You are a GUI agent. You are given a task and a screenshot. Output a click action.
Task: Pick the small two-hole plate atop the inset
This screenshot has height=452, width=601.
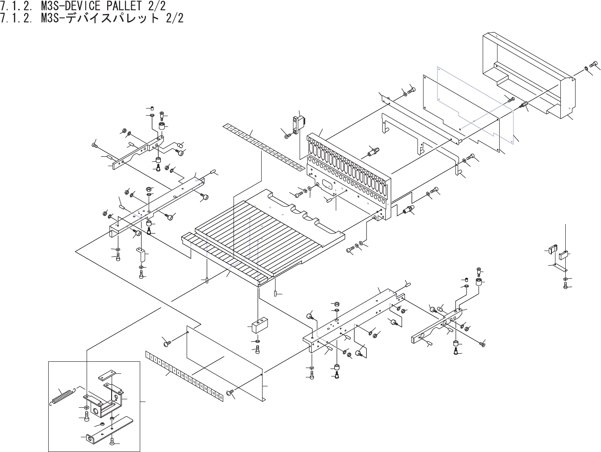pos(108,374)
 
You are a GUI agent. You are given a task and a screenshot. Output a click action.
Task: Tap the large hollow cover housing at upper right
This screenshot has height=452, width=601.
pos(527,74)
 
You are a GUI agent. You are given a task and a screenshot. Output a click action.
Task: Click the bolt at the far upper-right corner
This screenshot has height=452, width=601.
pos(594,65)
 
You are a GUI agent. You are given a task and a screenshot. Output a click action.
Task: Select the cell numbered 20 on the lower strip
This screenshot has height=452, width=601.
pos(221,397)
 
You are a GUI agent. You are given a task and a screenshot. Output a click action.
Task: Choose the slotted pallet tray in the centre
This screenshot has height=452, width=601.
pos(263,232)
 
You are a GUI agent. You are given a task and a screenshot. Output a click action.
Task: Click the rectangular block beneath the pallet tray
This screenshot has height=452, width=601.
pos(259,325)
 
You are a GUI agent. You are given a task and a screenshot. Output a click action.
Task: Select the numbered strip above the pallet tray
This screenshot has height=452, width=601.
pos(263,148)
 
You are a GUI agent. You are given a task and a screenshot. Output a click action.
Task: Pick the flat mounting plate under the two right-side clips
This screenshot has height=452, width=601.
pos(559,268)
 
